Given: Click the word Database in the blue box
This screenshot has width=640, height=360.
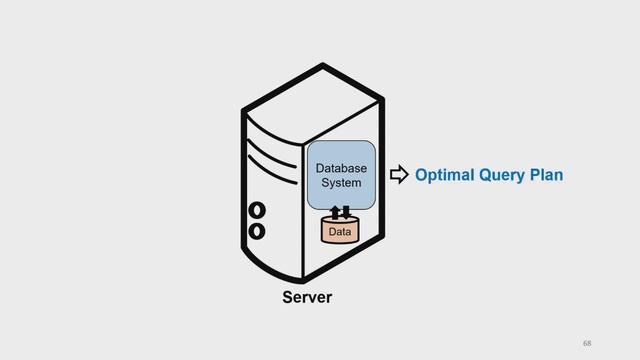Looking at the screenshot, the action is point(341,168).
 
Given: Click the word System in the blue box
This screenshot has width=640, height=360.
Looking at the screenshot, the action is point(341,182).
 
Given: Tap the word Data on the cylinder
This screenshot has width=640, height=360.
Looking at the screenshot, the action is point(340,232).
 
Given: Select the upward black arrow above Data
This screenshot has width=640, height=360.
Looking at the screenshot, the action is point(335,212).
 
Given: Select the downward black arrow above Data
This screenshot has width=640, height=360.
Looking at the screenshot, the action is point(346,212).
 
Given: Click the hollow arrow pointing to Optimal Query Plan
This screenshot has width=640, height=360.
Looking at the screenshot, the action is point(399,175).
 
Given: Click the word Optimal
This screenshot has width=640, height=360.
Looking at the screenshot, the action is point(444,175).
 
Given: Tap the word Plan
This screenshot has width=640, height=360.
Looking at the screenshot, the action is point(547,175).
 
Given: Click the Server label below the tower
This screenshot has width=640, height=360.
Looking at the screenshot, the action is point(307,297).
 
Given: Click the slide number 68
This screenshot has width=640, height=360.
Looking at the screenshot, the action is point(587,343).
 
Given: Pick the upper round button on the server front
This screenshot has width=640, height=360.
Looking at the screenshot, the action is point(257,210).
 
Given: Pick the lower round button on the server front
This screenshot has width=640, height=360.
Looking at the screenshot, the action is point(257,231).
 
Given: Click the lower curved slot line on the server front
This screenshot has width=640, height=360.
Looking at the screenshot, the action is point(271,171).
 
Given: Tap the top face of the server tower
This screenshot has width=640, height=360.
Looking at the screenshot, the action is point(313,105).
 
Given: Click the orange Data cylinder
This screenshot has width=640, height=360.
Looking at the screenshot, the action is point(340,231).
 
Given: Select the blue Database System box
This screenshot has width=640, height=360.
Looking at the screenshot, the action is point(341,176).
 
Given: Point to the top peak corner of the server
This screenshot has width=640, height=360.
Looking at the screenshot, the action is point(322,64).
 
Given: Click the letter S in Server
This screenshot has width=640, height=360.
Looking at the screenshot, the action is point(287,297).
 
